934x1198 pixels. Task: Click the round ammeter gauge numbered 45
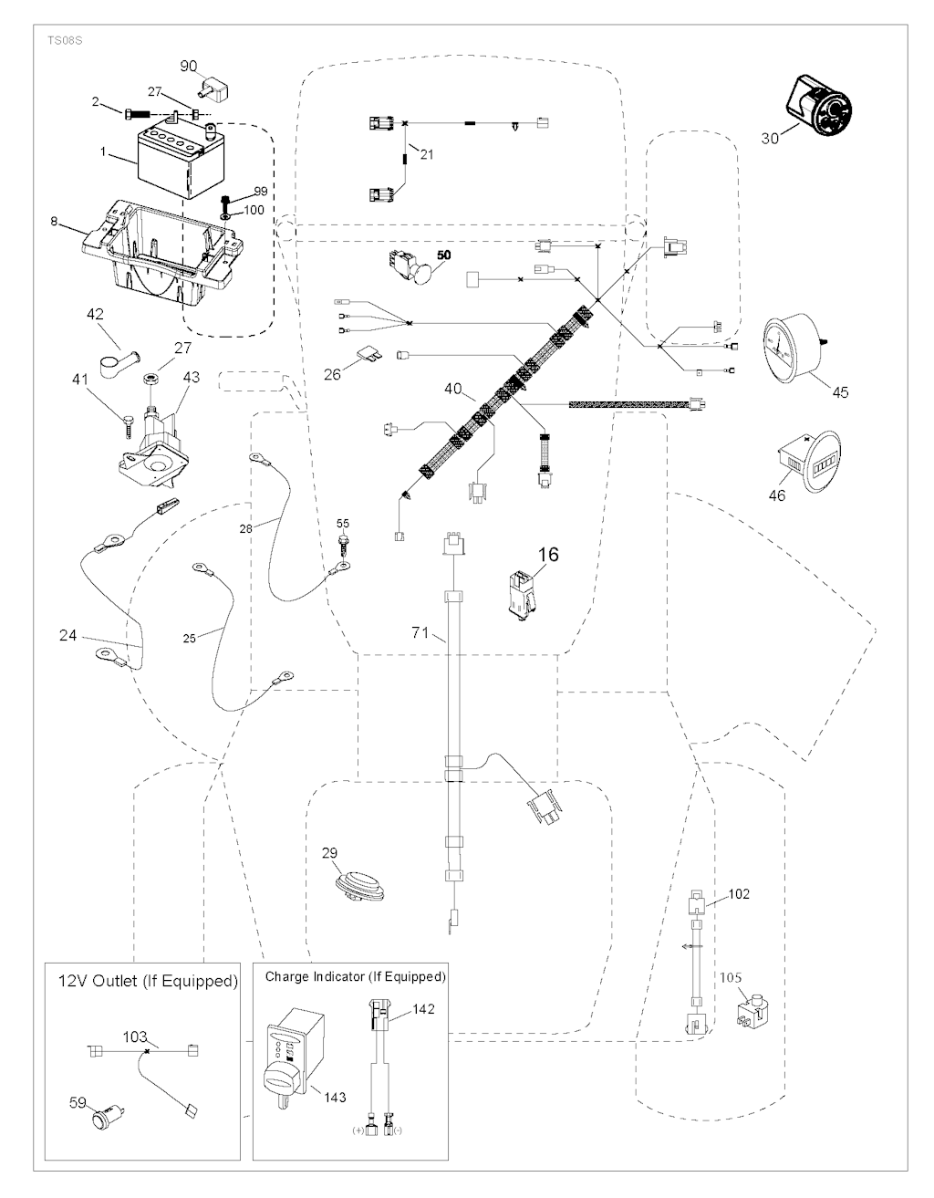790,345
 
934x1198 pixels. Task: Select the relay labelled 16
522,594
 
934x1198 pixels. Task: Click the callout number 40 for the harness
453,389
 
